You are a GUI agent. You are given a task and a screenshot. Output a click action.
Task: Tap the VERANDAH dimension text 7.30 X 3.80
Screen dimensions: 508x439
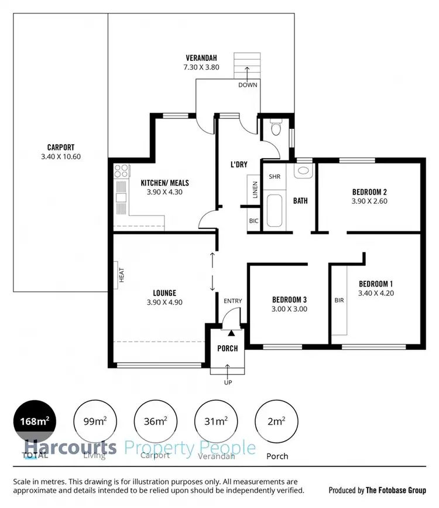tap(201, 68)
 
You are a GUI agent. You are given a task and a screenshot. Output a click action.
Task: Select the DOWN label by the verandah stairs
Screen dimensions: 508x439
tap(247, 85)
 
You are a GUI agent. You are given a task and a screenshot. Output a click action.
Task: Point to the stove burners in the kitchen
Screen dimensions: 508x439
tap(121, 171)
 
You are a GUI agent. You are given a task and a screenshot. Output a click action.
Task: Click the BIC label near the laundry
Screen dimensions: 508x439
tap(253, 221)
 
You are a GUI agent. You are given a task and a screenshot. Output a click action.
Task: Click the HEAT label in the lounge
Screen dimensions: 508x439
tap(122, 275)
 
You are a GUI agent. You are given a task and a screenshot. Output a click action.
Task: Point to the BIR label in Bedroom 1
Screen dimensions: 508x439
tap(339, 300)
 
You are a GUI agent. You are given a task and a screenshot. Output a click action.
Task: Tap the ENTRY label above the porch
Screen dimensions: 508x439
tap(232, 301)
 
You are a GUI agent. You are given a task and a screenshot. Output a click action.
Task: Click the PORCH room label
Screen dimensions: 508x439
tap(228, 349)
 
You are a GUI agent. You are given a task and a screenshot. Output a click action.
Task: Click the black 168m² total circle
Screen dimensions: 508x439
tap(35, 421)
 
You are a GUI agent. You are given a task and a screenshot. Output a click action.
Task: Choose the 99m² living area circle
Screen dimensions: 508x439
tap(95, 421)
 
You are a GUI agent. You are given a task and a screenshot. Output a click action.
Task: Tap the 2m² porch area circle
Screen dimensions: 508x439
tap(276, 421)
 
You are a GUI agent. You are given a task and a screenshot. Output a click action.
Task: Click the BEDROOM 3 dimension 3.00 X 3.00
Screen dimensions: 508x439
tap(289, 309)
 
